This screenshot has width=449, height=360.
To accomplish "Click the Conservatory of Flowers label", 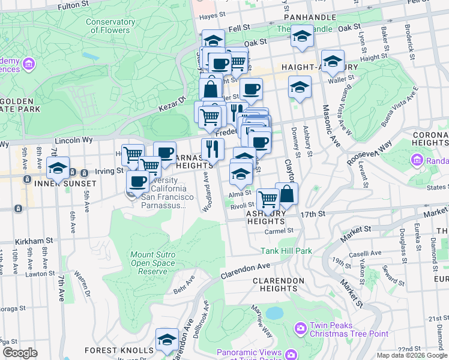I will [x=110, y=26].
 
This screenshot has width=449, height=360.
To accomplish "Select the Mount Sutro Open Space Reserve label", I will [x=153, y=263].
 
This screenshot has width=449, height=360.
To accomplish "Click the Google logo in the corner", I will [x=20, y=353].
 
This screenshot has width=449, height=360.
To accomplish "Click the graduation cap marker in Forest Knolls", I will [x=167, y=340].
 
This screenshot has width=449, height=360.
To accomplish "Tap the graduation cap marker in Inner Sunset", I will [x=58, y=168].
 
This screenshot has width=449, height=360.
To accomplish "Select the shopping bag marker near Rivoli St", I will [x=287, y=194].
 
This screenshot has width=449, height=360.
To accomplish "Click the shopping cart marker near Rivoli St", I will [x=267, y=199].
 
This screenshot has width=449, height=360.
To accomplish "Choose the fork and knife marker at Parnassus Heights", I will [x=212, y=149].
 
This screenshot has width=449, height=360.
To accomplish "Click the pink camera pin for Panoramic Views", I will [x=291, y=355].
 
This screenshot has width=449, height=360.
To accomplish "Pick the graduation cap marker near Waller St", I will [x=332, y=61].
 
